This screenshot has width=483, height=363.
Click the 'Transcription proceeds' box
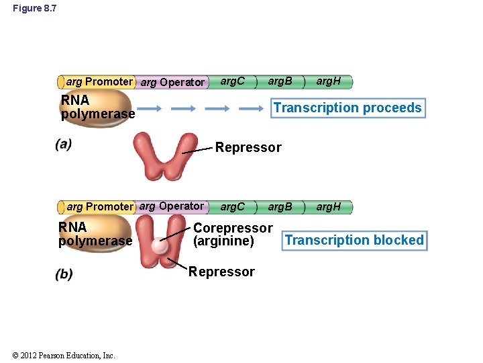tap(347, 108)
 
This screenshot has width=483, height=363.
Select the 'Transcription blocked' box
tap(354, 241)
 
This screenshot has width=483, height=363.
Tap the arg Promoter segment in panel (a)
tap(99, 82)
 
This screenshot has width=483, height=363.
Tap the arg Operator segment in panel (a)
tap(172, 83)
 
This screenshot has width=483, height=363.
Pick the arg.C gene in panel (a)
tap(233, 82)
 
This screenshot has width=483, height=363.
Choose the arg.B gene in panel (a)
tap(280, 82)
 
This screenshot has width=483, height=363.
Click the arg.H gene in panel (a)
tap(329, 82)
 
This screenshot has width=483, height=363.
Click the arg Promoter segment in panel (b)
tap(99, 207)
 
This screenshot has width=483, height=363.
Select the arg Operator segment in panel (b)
tap(172, 206)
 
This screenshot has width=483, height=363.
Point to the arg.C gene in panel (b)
tap(233, 207)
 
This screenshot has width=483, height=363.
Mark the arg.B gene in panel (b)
tap(280, 207)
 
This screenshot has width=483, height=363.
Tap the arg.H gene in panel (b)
tap(329, 207)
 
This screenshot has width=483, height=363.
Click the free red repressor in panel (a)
tap(165, 156)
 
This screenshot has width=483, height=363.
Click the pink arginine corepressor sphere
tap(159, 245)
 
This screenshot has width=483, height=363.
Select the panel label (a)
tap(64, 144)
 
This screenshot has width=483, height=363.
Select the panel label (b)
tap(64, 274)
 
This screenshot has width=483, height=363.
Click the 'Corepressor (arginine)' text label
tap(232, 235)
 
